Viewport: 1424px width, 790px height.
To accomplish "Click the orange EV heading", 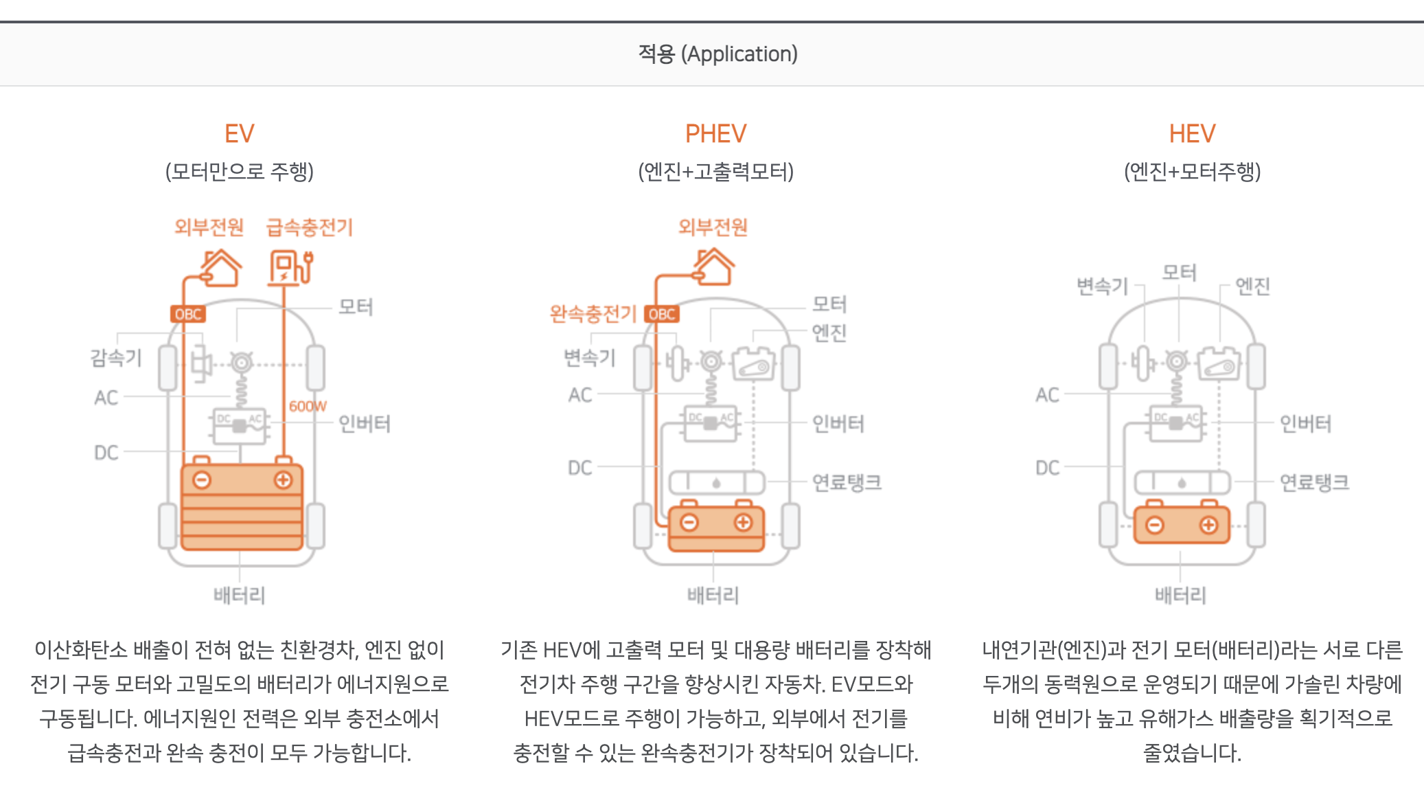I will point(239,133).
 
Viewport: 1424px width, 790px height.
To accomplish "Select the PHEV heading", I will point(715,133).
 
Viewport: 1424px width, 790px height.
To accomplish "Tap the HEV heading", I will point(1192,133).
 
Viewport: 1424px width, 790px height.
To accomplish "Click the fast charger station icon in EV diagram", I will point(290,267).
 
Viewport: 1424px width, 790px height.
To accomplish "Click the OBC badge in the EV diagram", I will point(187,314).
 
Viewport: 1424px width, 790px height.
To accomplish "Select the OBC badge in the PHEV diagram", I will point(662,314).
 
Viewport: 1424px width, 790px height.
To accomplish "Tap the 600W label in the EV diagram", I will point(308,406).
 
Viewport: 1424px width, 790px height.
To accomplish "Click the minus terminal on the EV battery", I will point(202,480).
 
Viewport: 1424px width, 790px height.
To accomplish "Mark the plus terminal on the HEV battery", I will point(1208,526).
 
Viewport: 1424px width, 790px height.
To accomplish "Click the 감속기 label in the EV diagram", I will point(116,357).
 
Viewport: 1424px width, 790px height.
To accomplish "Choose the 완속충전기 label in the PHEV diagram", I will point(593,314).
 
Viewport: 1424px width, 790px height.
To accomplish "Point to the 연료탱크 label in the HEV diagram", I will point(1314,482).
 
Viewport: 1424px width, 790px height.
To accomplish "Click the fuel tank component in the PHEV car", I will point(716,482).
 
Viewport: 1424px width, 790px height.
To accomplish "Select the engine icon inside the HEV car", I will point(1220,364).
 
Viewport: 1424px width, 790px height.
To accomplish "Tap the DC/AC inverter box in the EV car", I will point(239,426).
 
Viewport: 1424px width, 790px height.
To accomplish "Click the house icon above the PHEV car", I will point(714,267).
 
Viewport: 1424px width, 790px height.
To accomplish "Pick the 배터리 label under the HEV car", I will point(1180,595).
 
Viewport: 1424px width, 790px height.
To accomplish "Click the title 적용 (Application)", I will point(717,54).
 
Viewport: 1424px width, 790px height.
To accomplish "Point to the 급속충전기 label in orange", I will point(310,227).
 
